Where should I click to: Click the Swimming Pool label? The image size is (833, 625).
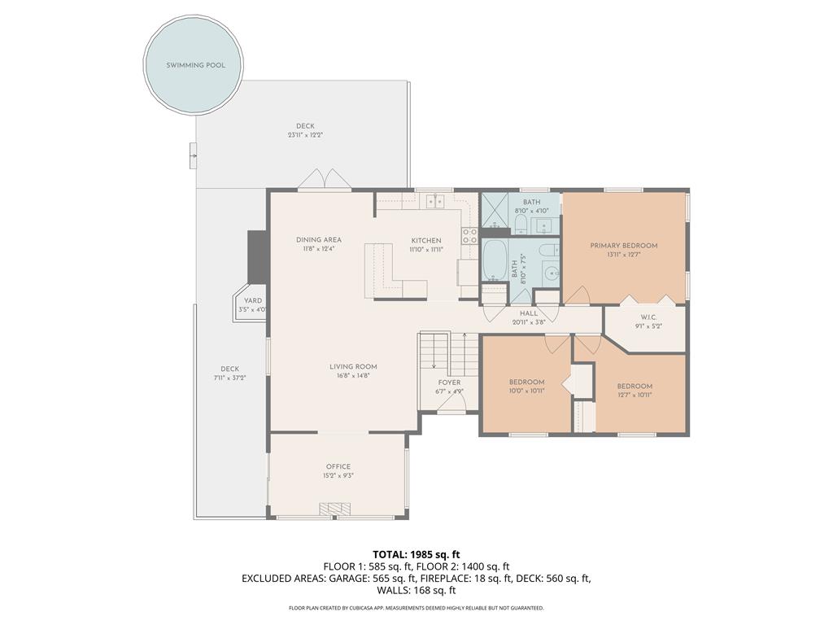point(195,65)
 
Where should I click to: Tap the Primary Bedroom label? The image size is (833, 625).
point(624,246)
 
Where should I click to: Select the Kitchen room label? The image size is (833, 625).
point(426,241)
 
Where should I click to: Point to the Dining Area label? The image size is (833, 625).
point(319,240)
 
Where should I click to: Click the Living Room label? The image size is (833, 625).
point(353,366)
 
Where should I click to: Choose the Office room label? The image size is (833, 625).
point(338,466)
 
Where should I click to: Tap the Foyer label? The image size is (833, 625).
point(449,382)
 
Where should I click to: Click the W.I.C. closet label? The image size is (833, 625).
point(648,317)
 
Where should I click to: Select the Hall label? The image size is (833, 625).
point(529,313)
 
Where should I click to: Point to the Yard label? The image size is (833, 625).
point(253,300)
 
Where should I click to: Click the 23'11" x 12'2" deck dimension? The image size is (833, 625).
point(306,135)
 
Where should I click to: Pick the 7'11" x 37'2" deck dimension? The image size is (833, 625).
point(230,378)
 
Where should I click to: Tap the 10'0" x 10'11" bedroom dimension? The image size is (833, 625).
point(527,391)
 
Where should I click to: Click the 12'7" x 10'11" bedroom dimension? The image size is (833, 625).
point(635,395)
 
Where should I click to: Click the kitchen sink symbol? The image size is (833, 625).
point(436,201)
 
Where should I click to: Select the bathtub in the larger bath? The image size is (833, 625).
point(495,260)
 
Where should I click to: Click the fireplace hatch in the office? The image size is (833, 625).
point(334,509)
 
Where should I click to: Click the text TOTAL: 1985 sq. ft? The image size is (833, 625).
point(416,555)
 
